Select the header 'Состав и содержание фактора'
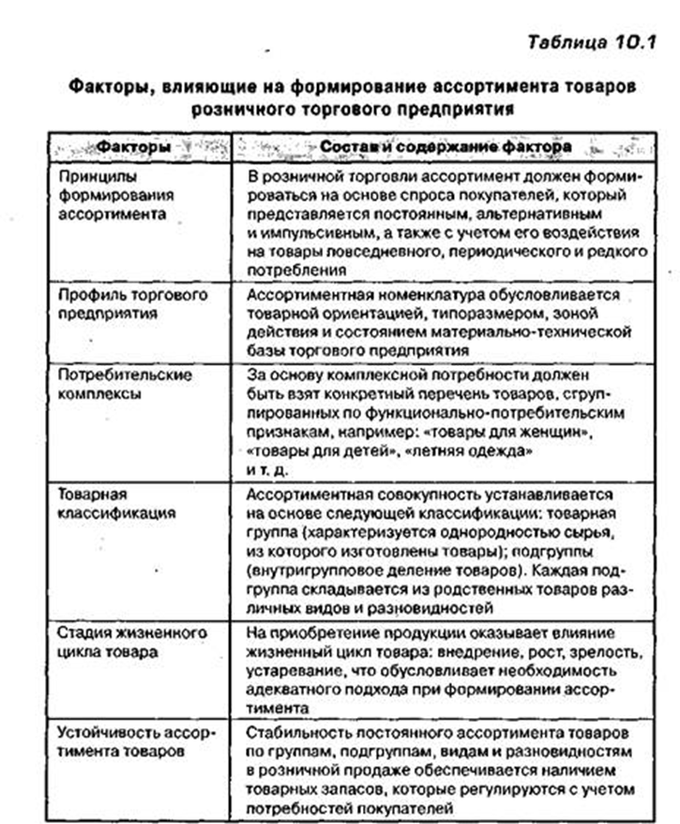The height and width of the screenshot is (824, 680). click(x=439, y=148)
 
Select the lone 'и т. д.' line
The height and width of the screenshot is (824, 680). click(x=268, y=468)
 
